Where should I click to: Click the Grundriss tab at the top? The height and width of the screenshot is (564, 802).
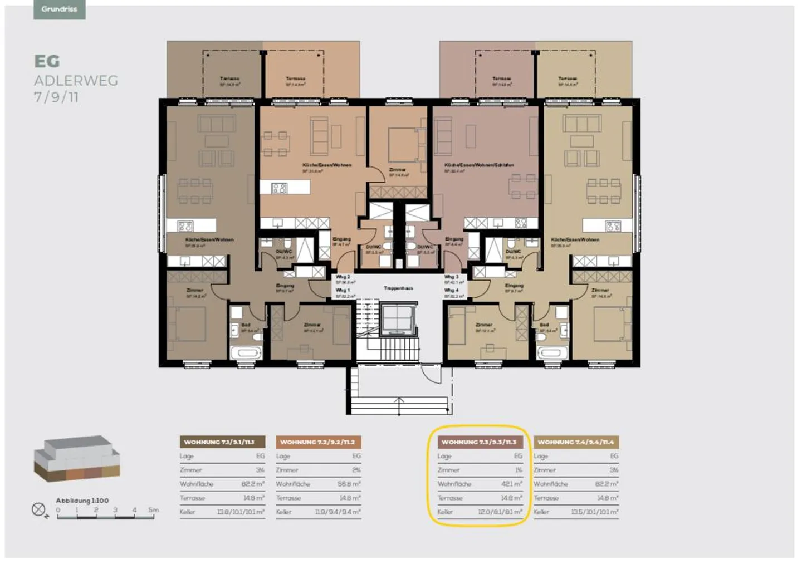click(x=59, y=9)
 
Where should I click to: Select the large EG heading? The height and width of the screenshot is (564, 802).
click(x=47, y=61)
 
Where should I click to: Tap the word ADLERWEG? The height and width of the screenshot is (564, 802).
click(x=76, y=81)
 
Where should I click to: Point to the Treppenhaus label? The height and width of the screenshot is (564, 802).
click(x=398, y=288)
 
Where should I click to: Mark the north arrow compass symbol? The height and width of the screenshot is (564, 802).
click(x=38, y=509)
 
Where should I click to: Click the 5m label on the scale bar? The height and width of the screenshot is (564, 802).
click(x=153, y=510)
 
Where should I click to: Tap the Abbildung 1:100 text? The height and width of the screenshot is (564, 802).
click(x=82, y=501)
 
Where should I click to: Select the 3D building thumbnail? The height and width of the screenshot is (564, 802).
click(x=77, y=458)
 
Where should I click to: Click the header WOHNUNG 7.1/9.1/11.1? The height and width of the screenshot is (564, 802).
click(x=219, y=442)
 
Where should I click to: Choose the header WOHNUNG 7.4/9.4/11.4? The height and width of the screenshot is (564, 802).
click(x=576, y=442)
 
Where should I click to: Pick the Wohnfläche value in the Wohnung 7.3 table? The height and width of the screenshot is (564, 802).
click(x=511, y=484)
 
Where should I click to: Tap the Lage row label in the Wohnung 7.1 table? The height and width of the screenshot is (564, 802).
click(x=187, y=456)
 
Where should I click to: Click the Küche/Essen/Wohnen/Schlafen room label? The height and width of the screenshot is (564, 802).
click(x=479, y=165)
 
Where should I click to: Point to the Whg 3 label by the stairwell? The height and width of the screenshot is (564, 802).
click(x=452, y=277)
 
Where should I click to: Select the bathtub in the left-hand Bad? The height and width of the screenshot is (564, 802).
click(x=246, y=353)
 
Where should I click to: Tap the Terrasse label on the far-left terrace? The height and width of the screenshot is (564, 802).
click(x=229, y=79)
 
